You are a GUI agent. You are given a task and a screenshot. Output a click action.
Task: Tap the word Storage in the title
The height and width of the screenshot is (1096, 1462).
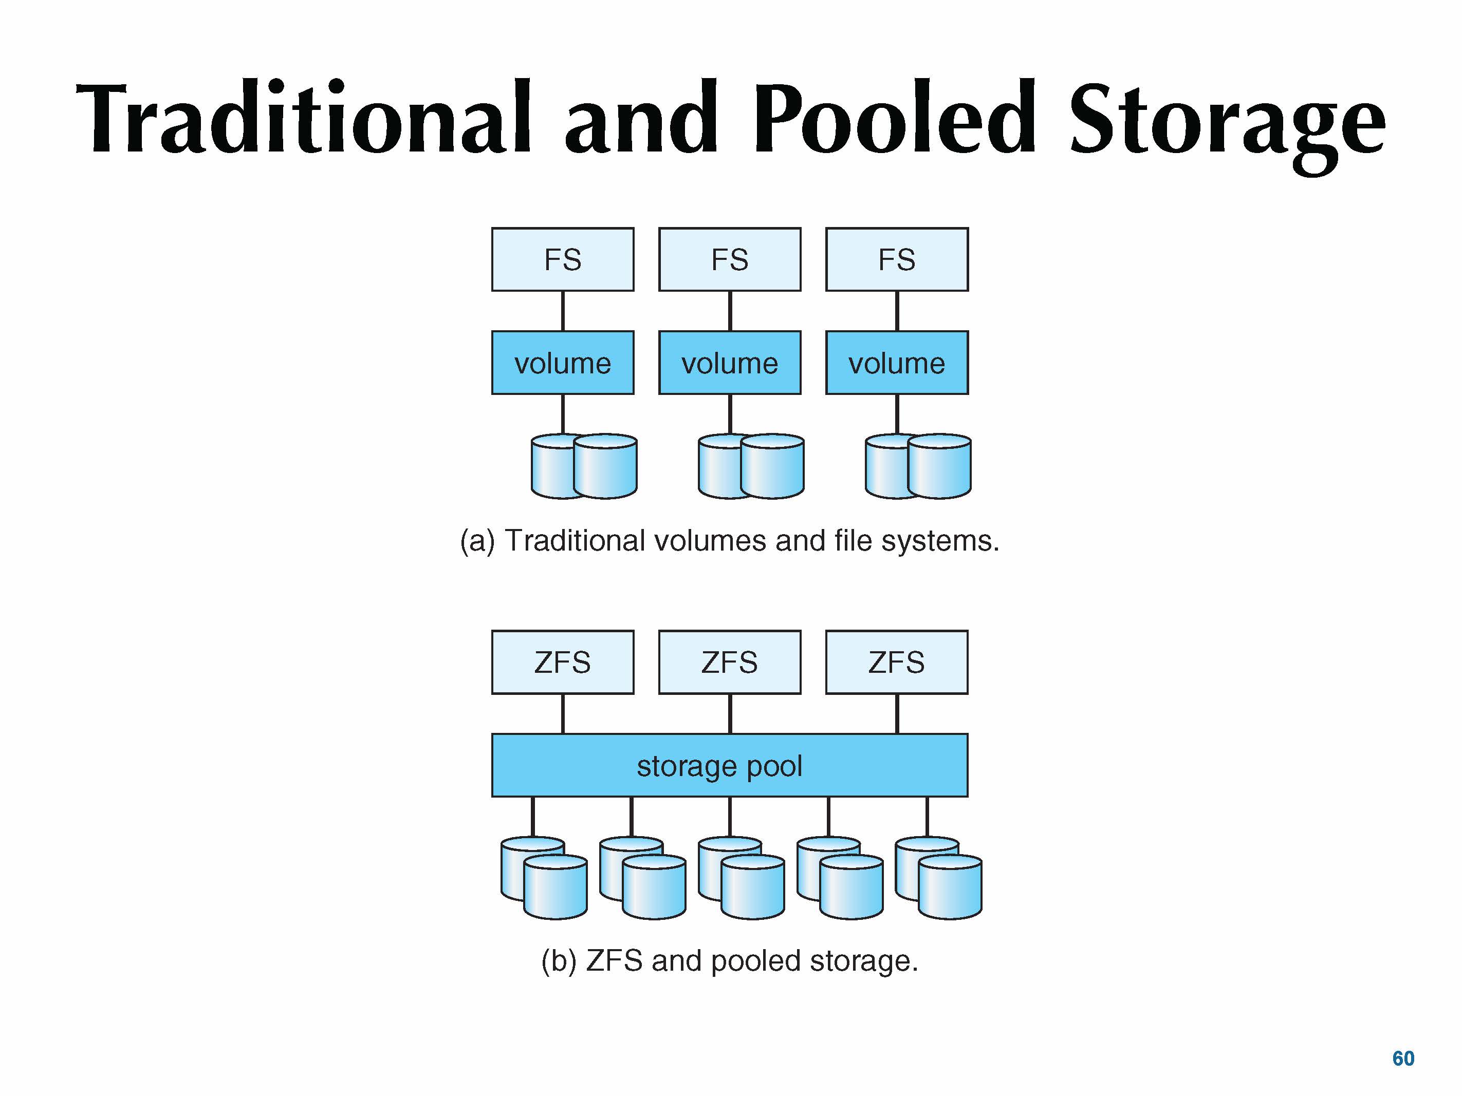click(1227, 122)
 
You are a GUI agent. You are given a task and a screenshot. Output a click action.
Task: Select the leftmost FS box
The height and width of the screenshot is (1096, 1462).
click(563, 260)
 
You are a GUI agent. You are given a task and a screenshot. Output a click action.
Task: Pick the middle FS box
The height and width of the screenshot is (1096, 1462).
click(730, 260)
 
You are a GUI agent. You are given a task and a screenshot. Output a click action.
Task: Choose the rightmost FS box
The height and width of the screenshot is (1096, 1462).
click(897, 260)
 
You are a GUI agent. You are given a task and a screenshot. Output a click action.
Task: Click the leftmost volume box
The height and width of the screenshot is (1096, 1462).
click(563, 363)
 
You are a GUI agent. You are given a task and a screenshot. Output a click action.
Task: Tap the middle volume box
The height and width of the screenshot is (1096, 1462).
click(730, 363)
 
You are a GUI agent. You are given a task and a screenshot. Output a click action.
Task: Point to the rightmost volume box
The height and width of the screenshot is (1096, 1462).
click(897, 363)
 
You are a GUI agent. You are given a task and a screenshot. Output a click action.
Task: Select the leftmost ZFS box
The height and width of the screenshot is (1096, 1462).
click(563, 662)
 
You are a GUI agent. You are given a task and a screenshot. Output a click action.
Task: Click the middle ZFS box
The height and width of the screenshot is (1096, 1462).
click(730, 662)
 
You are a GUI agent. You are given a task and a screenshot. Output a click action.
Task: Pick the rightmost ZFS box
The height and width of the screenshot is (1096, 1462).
click(897, 662)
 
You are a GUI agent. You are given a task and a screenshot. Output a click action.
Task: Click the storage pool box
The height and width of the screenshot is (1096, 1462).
click(730, 766)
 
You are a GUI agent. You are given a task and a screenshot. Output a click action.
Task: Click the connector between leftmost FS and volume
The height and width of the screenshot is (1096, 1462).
click(563, 311)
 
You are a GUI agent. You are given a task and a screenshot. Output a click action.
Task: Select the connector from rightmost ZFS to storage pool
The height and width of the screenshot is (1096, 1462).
click(897, 713)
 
